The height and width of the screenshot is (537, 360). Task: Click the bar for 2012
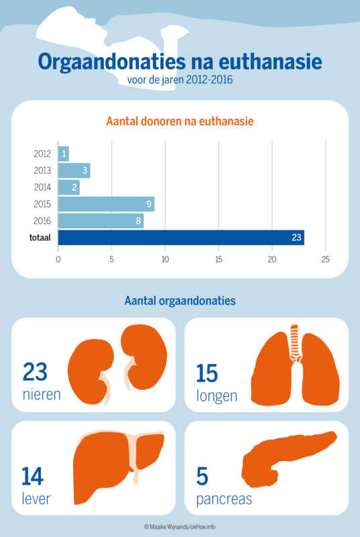coord(64,154)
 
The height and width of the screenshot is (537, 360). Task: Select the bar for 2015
coord(106,204)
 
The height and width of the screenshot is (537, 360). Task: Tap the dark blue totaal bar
coord(181,237)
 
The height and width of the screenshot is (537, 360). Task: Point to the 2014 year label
coord(42,187)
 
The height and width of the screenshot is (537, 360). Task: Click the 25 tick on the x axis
coord(326,259)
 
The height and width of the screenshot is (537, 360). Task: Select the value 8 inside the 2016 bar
coord(138,221)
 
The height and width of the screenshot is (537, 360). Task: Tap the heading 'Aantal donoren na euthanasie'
coord(180,121)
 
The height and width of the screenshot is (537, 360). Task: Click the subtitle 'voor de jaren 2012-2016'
coord(180,81)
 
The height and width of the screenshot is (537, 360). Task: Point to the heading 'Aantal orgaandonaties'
coord(180,301)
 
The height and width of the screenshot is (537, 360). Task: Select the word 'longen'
coord(216,395)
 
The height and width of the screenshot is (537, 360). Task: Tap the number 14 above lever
coord(33,477)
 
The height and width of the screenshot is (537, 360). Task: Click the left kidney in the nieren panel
coord(90,369)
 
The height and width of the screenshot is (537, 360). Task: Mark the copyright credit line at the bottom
coord(180,527)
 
